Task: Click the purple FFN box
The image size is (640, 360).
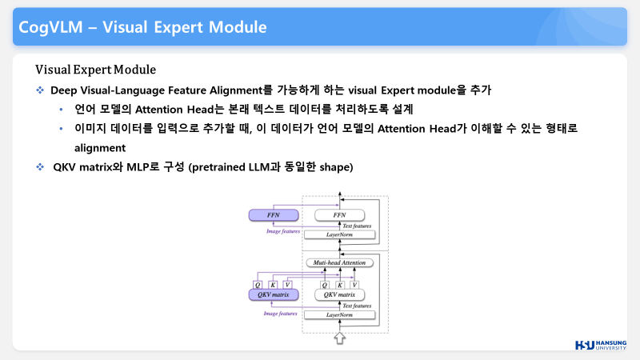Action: tap(273, 214)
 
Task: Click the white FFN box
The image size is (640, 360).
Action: tap(340, 214)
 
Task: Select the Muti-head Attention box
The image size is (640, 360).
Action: tap(339, 262)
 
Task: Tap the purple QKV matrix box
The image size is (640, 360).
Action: tap(273, 294)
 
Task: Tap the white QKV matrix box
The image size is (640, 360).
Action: tap(340, 294)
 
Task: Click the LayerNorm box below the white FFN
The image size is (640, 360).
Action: tap(340, 234)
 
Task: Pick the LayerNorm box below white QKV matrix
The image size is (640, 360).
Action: tap(340, 315)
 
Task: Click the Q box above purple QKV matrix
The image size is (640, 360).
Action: tap(258, 283)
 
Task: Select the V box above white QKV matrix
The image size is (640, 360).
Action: tap(354, 283)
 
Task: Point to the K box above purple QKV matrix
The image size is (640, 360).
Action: tap(273, 283)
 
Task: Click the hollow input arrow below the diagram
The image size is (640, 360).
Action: tap(339, 339)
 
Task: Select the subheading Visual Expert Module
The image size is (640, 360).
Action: tap(95, 70)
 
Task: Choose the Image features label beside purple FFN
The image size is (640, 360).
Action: tap(282, 230)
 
